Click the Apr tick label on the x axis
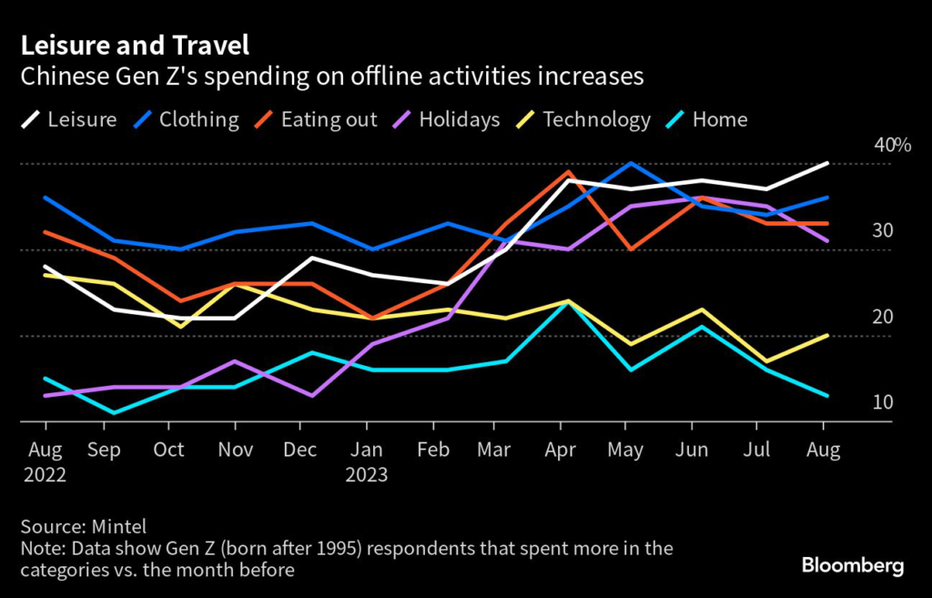(x=562, y=450)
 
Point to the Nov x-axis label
(x=235, y=450)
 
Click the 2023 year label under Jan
(x=367, y=475)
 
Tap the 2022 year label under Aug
(x=45, y=475)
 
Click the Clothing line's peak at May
(x=628, y=164)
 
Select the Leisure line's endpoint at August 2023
(x=826, y=164)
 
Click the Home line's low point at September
(x=112, y=413)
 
